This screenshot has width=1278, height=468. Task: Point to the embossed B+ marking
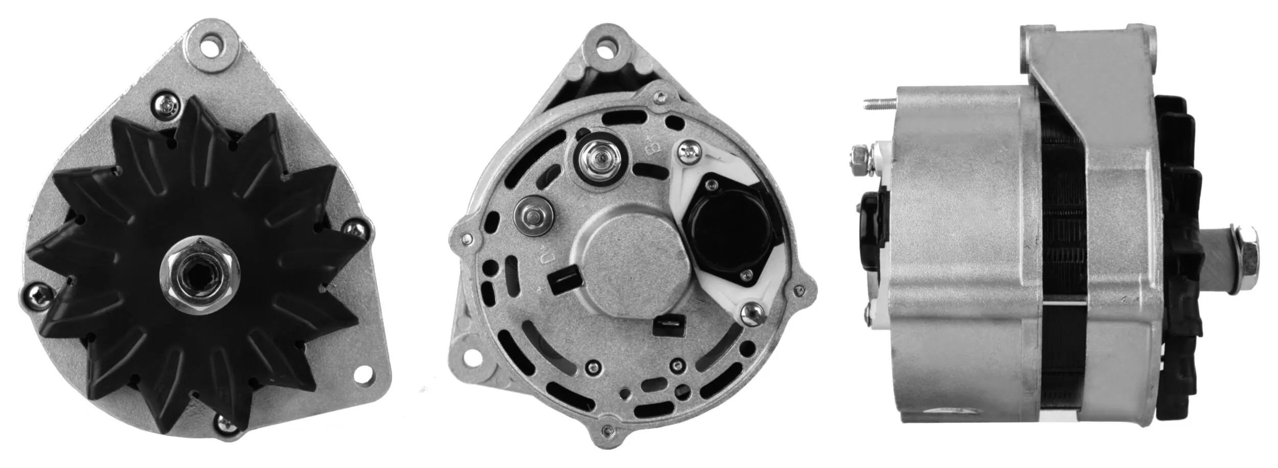pos(652,148)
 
